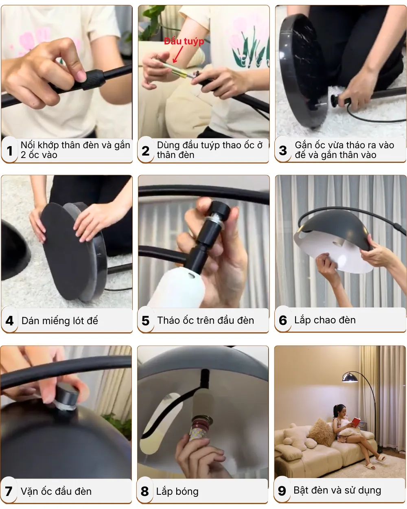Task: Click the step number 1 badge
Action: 9,151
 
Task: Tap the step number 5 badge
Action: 146,321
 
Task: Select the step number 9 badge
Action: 282,491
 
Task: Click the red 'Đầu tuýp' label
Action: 184,42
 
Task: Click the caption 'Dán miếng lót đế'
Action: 60,321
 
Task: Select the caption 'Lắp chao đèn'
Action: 325,320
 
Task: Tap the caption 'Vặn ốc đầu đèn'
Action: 56,491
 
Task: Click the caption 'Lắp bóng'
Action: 177,491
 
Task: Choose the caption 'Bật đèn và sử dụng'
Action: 337,491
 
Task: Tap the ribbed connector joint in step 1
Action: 95,79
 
